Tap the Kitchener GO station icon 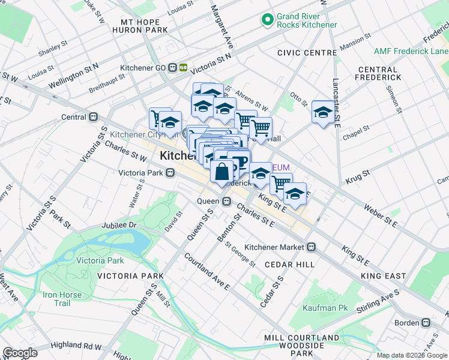click(x=178, y=68)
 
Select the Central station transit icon click(x=93, y=117)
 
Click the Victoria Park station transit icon click(x=171, y=173)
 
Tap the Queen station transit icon click(x=227, y=201)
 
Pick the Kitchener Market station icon click(x=312, y=247)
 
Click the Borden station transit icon click(x=426, y=322)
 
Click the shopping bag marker click(x=221, y=172)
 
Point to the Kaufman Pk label click(x=334, y=308)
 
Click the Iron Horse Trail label click(x=56, y=299)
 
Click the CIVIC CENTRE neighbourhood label click(x=307, y=53)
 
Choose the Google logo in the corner click(x=20, y=352)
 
